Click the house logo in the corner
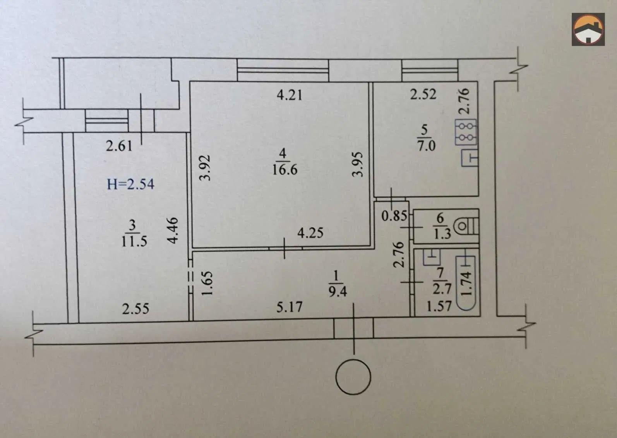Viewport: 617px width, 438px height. pos(588,29)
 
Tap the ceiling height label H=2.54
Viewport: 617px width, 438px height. pos(130,184)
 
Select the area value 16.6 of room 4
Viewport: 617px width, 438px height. pos(285,169)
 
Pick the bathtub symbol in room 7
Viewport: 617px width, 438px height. pos(466,283)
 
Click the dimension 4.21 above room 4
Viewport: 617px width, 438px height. pos(290,95)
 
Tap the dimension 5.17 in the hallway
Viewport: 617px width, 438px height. pos(289,307)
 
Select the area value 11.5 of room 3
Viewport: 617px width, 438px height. pos(134,241)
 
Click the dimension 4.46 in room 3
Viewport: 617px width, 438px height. pos(173,230)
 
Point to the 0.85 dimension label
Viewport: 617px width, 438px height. pos(394,216)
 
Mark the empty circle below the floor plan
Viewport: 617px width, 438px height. pos(353,377)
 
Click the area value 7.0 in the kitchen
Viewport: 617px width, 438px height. pos(427,145)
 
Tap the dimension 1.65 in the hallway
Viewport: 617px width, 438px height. pos(207,283)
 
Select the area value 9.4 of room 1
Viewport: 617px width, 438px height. pos(338,291)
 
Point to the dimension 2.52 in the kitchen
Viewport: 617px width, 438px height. pos(423,94)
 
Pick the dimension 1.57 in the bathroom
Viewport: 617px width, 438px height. pos(439,306)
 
